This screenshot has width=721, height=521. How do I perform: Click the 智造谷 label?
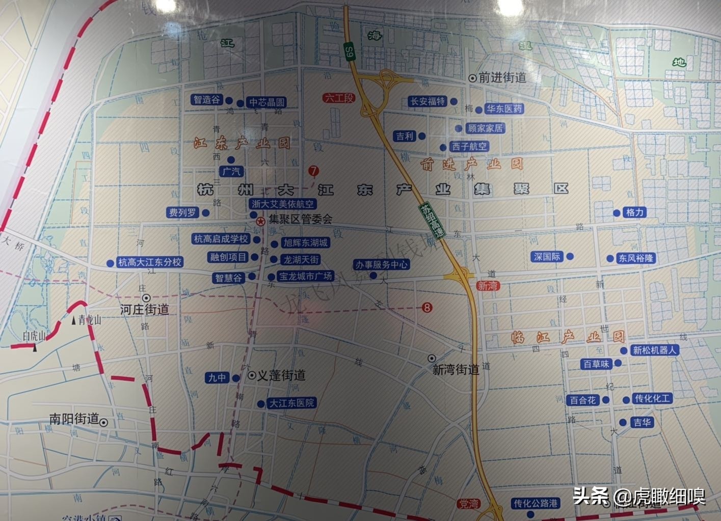point(206,100)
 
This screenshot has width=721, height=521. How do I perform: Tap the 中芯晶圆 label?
point(266,102)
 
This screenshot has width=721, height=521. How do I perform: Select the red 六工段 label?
point(339,98)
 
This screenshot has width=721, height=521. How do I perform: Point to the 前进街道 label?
point(502,77)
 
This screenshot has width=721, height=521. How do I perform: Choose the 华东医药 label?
point(504,109)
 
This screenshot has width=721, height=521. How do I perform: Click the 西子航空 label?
point(469,147)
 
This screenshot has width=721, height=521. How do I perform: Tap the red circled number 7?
point(313,171)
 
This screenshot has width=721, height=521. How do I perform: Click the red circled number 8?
point(427,308)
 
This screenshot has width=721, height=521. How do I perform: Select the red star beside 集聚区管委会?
point(260,221)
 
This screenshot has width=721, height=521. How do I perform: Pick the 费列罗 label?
point(182,212)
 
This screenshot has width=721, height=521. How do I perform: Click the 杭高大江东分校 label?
point(150,262)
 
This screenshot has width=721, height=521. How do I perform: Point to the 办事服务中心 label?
point(382,265)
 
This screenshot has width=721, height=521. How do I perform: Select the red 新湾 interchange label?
point(487,286)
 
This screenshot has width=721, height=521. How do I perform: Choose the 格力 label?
point(635,212)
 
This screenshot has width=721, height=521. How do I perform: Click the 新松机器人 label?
point(654,350)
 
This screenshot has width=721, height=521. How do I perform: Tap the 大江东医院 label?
point(292,403)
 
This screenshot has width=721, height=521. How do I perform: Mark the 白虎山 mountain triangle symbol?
point(35,347)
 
